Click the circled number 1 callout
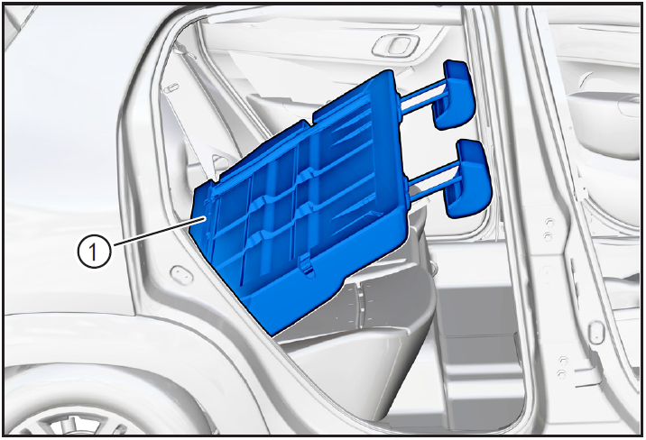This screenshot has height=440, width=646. pos(94,251)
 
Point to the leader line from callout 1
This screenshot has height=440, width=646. pos(159,232)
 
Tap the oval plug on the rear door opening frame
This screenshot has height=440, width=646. pos(180,274)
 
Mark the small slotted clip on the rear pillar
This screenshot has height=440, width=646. pos(171,88)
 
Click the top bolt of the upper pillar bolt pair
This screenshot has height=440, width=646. pos(549,223)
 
